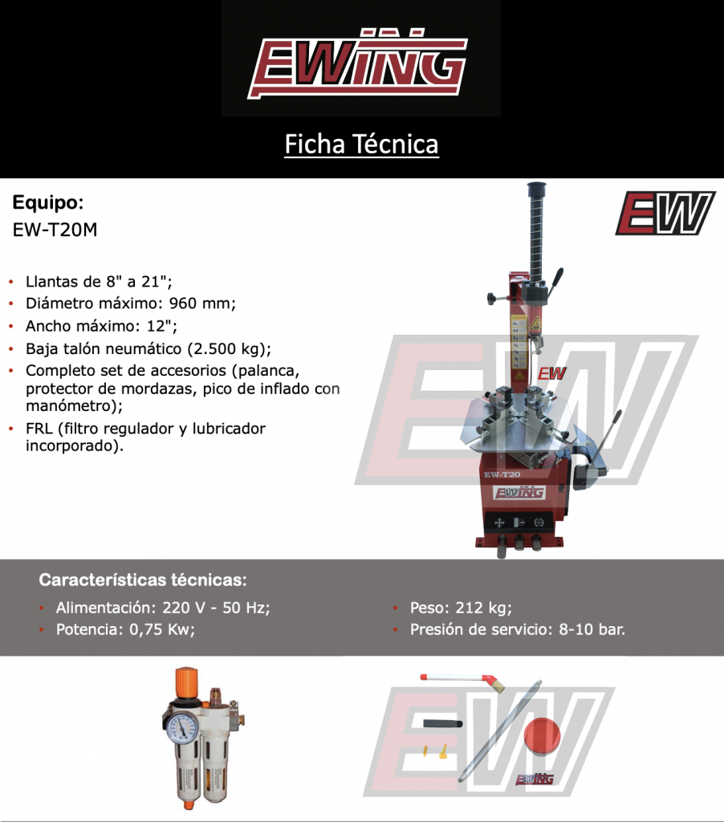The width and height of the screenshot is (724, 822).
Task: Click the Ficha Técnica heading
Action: pos(361,144)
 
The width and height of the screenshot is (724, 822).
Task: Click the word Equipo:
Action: pos(48,201)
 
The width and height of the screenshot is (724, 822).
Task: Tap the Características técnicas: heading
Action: pos(143,579)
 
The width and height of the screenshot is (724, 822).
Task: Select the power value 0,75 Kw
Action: pos(161,629)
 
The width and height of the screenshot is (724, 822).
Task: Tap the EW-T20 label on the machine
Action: pos(502,474)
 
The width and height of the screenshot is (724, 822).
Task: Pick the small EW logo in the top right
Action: pos(665,213)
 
